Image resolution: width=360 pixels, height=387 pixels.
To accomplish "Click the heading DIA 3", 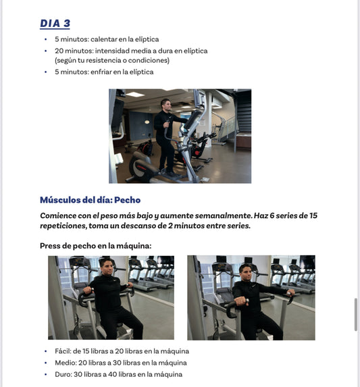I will point(55,24).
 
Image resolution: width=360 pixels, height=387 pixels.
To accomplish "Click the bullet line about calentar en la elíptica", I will point(107,39).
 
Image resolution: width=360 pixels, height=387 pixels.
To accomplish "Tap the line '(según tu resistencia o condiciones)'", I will point(111,60).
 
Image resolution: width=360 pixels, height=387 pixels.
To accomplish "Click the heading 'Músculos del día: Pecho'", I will point(90,200).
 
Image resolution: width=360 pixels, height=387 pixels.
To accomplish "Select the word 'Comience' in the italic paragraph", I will point(57,215).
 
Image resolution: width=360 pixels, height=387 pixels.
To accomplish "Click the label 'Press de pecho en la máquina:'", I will point(95,246).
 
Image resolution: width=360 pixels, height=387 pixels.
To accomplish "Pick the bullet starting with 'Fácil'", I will point(122,351).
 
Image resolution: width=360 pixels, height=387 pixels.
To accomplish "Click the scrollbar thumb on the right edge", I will point(355,314).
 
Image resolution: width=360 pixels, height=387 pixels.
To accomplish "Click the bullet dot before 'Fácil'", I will point(46,351).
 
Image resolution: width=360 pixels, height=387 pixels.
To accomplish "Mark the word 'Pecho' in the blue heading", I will point(127,200).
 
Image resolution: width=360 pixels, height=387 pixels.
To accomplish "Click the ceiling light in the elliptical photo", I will point(135,94).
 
